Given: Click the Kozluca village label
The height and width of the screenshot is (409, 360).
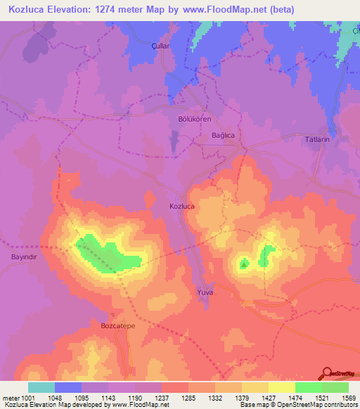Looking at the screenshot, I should pyautogui.click(x=181, y=206).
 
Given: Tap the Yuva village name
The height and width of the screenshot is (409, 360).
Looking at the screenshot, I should pyautogui.click(x=205, y=291).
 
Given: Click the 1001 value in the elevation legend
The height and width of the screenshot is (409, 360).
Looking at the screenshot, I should pyautogui.click(x=27, y=396).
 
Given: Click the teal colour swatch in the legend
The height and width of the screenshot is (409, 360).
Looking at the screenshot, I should pyautogui.click(x=41, y=387).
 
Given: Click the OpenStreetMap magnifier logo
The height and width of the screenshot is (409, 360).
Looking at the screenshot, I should pyautogui.click(x=327, y=373).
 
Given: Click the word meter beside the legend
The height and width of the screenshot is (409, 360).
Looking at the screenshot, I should pyautogui.click(x=11, y=396).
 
